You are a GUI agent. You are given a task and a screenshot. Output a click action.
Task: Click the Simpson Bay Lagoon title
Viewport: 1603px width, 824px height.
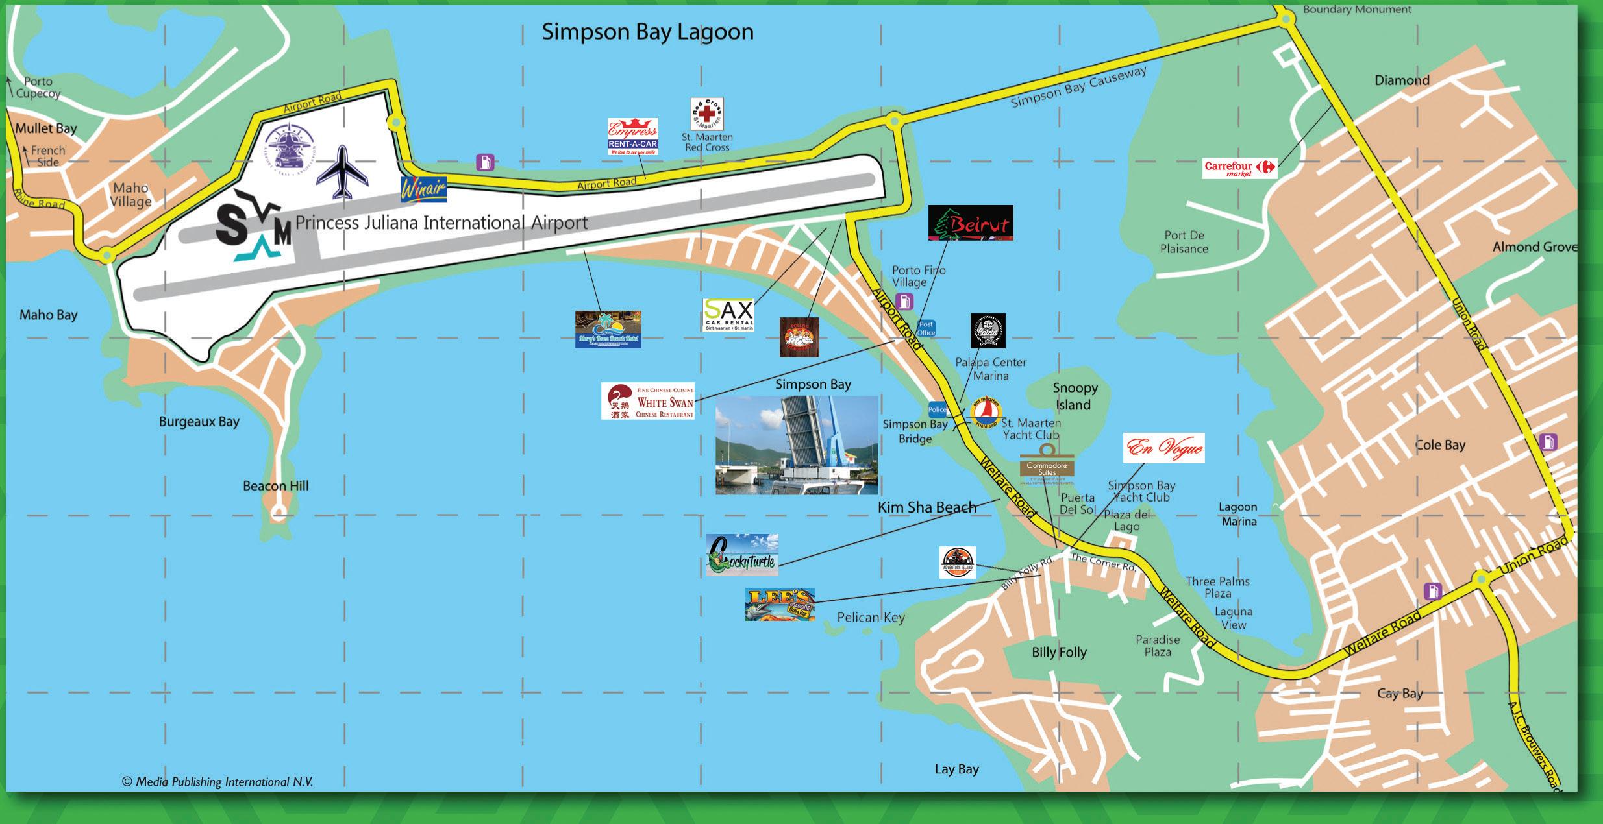647,32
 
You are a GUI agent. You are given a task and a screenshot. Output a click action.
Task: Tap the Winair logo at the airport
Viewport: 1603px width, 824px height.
423,189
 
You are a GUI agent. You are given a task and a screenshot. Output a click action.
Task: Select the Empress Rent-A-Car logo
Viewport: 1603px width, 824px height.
632,137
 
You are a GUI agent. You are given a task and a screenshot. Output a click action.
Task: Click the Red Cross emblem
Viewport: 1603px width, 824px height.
706,114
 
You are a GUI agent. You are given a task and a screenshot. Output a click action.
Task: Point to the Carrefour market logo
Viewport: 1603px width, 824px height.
1239,168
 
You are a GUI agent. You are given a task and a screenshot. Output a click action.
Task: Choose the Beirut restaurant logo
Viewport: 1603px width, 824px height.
970,223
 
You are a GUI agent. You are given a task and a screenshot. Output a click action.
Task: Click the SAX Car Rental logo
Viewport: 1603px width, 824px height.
728,315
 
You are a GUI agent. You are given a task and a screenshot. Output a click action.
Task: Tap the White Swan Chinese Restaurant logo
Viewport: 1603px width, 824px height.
648,401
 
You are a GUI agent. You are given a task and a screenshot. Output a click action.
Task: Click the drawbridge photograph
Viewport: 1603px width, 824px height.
797,445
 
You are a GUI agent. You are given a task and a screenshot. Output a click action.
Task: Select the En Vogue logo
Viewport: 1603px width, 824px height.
1163,448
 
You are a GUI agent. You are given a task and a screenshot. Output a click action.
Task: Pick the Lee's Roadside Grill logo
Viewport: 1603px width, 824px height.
780,605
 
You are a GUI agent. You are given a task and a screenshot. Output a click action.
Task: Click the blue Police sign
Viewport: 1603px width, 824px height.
937,409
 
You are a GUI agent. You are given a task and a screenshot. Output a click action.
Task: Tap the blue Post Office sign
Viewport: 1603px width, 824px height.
926,328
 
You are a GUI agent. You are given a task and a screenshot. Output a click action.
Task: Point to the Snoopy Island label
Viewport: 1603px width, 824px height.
1075,396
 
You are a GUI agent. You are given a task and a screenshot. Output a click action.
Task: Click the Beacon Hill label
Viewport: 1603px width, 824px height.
275,486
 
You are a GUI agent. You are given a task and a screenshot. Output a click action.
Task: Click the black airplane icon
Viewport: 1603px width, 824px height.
342,172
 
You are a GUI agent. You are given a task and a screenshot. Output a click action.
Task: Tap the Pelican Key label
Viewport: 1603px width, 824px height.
870,617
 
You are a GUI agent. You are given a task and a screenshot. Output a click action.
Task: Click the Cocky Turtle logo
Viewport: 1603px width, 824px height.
742,555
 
